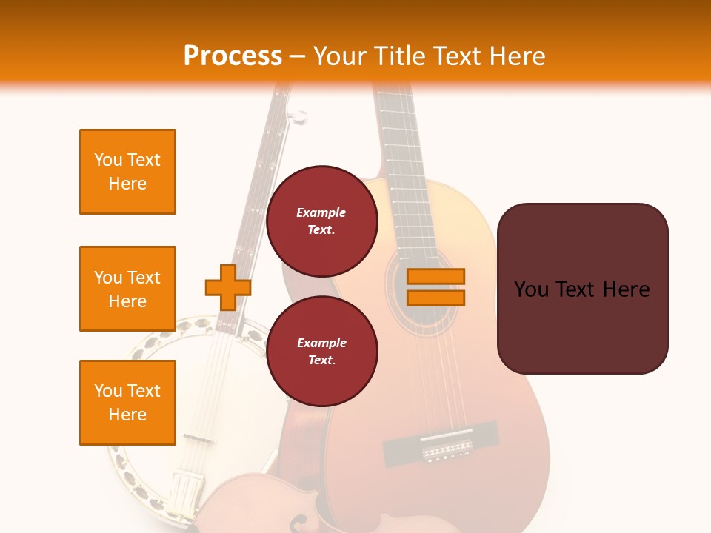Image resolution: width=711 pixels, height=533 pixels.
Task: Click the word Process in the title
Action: [233, 56]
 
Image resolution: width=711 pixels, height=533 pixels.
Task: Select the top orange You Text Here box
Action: [127, 172]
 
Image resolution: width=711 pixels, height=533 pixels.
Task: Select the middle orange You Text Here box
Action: [127, 289]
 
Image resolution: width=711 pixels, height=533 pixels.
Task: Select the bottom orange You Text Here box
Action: [127, 402]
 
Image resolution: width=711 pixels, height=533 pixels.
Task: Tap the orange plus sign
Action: [227, 287]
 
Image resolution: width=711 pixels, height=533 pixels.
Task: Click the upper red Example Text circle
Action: [321, 221]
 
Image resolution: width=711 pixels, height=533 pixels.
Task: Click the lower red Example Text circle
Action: [321, 352]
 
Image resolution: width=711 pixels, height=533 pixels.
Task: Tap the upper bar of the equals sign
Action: [435, 276]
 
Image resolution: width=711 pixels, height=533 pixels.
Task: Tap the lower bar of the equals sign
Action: [435, 298]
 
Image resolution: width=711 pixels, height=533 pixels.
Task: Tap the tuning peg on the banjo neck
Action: [297, 116]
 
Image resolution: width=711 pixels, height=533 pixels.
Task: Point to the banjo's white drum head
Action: [230, 400]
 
